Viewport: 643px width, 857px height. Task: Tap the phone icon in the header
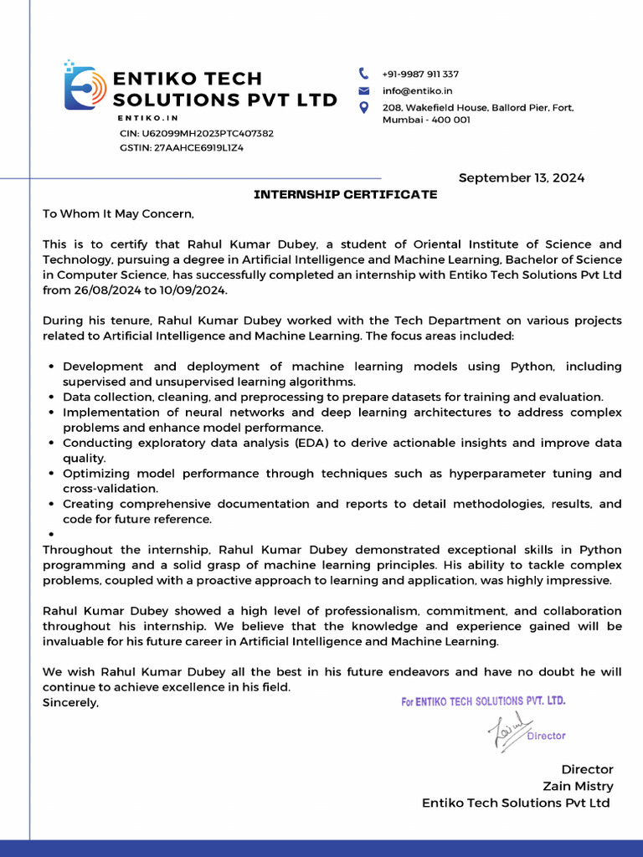point(363,74)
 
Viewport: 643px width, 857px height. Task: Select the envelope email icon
point(363,90)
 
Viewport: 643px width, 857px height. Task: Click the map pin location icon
point(363,107)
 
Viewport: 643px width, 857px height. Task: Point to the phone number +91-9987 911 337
point(420,74)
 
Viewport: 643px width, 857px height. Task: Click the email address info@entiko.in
point(417,90)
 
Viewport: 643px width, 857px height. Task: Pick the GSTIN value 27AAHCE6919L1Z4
point(198,147)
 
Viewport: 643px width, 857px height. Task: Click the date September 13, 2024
point(521,177)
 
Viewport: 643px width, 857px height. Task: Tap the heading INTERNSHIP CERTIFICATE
point(345,195)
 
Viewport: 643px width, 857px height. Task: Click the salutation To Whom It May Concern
point(118,214)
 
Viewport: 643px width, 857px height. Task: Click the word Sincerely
point(70,703)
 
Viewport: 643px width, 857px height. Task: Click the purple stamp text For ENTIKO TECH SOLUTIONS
point(483,701)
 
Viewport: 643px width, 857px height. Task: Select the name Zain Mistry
point(578,786)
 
